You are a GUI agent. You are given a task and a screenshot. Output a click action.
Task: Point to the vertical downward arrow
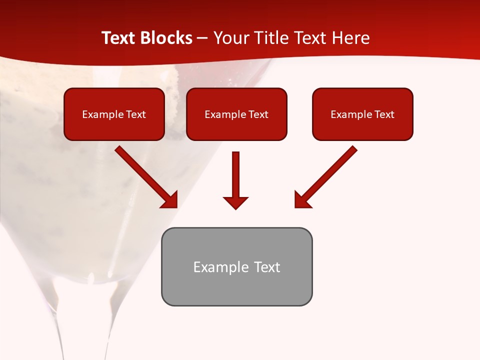pyautogui.click(x=235, y=175)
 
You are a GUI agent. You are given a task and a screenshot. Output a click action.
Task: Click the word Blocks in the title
pyautogui.click(x=167, y=38)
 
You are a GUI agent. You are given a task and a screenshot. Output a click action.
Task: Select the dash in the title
pyautogui.click(x=203, y=38)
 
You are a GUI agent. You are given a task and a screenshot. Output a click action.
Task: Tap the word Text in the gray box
pyautogui.click(x=266, y=267)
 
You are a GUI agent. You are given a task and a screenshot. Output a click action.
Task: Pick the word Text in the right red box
pyautogui.click(x=384, y=114)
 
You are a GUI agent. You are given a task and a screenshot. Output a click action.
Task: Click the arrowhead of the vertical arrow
pyautogui.click(x=235, y=202)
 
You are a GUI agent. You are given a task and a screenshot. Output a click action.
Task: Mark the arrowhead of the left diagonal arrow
pyautogui.click(x=170, y=200)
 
